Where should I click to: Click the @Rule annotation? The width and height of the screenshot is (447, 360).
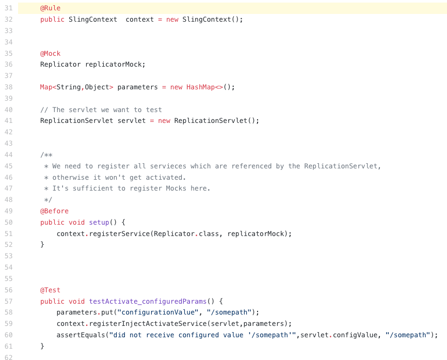coord(50,8)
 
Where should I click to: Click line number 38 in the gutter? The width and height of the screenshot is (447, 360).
coord(8,87)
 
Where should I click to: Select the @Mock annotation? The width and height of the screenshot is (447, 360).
coord(50,53)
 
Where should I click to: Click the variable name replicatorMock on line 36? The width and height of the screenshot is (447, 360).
coord(115,65)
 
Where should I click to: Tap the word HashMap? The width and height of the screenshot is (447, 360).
coord(200,87)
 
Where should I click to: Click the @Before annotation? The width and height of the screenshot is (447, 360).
coord(54,211)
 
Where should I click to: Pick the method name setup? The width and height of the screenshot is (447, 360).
coord(99,222)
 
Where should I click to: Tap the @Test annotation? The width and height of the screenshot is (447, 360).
coord(50,290)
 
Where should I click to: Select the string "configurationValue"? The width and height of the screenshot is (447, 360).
coord(158,312)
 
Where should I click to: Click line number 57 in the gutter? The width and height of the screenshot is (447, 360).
coord(8,301)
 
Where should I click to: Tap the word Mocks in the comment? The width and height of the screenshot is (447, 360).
coord(176,189)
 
